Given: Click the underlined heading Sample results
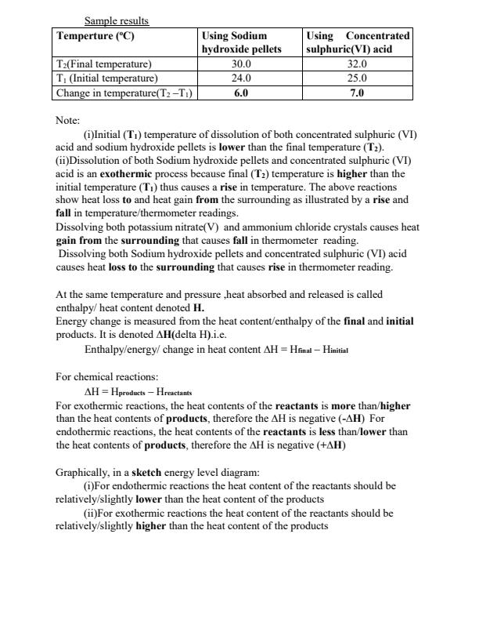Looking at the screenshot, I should pyautogui.click(x=117, y=20).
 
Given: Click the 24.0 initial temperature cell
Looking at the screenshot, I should pyautogui.click(x=242, y=78).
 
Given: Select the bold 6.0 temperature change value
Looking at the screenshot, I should pyautogui.click(x=242, y=93).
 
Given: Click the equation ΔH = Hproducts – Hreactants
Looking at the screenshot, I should pyautogui.click(x=138, y=390).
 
